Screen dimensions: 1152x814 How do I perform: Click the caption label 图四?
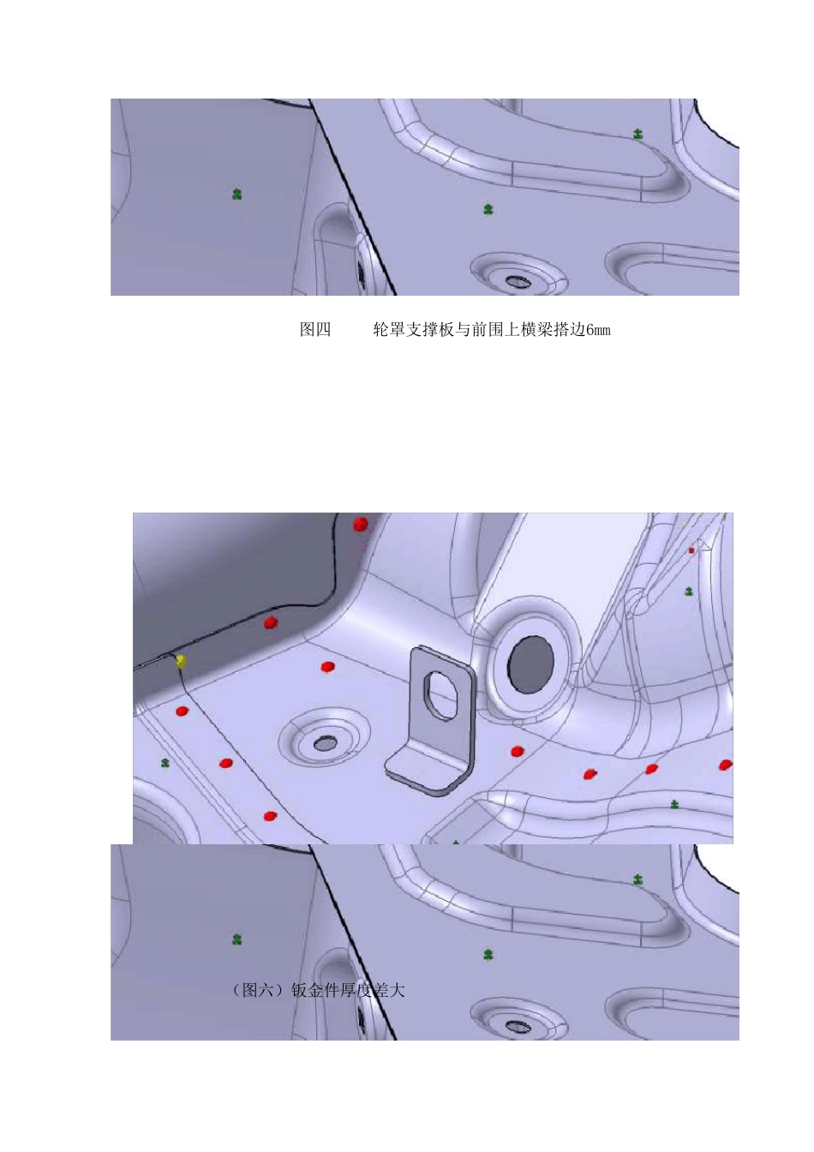(x=315, y=330)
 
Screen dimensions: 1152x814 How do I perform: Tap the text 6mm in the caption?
(x=598, y=330)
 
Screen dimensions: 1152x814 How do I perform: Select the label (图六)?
(x=260, y=991)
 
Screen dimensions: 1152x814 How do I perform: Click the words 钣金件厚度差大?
(x=348, y=991)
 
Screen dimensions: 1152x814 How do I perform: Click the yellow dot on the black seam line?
(x=181, y=661)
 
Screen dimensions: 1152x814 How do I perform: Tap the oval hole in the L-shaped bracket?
(x=443, y=693)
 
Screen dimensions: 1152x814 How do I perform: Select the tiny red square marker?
(x=691, y=550)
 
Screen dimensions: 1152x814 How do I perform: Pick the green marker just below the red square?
(x=689, y=591)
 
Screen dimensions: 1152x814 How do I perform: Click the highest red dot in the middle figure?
(x=361, y=524)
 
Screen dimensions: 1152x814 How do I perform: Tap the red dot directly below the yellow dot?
(x=182, y=711)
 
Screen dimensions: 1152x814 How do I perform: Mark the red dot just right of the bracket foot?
(x=517, y=752)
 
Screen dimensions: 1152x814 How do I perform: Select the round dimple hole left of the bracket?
(x=325, y=743)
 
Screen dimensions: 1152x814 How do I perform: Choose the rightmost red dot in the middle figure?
(x=726, y=765)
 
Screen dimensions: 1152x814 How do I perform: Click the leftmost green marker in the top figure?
(x=237, y=195)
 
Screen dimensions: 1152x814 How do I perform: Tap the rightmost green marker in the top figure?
(x=638, y=134)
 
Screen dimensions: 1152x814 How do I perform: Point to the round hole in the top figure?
(x=516, y=280)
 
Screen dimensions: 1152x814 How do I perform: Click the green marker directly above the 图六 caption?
(x=237, y=939)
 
